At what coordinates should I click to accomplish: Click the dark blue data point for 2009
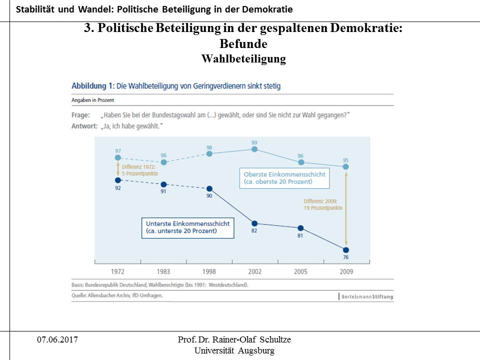point(346,249)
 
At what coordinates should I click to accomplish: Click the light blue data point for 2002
point(254,149)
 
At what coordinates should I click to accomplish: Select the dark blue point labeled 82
point(254,223)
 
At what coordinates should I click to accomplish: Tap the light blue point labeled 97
point(117,157)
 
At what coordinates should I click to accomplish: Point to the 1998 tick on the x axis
point(209,271)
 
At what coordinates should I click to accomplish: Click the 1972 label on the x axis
point(117,271)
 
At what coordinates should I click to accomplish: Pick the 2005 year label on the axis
point(300,271)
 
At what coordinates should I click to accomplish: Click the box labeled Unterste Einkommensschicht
point(187,227)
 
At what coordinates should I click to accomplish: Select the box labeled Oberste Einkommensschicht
point(284,177)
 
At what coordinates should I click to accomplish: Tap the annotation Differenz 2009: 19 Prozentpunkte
point(323,204)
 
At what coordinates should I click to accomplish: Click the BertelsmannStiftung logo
point(367,296)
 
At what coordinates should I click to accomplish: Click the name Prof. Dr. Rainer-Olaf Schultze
point(234,340)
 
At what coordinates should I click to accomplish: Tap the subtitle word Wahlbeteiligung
point(243,59)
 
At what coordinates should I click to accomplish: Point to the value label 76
point(346,257)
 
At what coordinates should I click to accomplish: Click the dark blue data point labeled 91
point(163,184)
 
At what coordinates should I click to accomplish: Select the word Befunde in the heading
point(243,44)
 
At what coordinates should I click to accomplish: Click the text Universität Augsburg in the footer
point(234,350)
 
